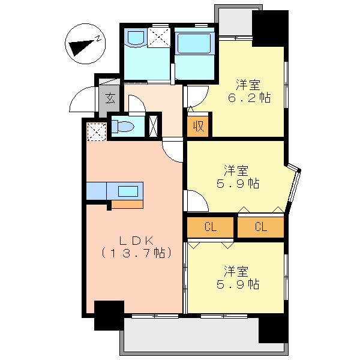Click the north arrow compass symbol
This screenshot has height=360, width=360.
pos(85,44)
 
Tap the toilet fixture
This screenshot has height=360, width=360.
pos(122,127)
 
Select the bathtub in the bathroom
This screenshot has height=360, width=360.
pos(194,44)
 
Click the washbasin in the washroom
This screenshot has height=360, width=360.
pos(136,37)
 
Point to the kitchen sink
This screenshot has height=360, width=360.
pos(128,191)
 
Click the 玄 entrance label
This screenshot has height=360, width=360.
pos(110,98)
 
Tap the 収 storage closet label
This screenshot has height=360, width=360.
pos(199,126)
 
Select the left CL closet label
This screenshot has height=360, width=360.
pos(211,227)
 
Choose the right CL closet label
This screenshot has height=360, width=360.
pos(261,227)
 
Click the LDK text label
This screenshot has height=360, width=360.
pos(136,241)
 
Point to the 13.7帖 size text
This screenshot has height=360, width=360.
pos(136,253)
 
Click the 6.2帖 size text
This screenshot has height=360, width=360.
pos(250,98)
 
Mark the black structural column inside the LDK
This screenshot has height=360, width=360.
pos(109,316)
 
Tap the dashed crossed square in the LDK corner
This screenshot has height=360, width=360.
pos(97,132)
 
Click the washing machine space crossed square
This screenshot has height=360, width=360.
pos(159,37)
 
